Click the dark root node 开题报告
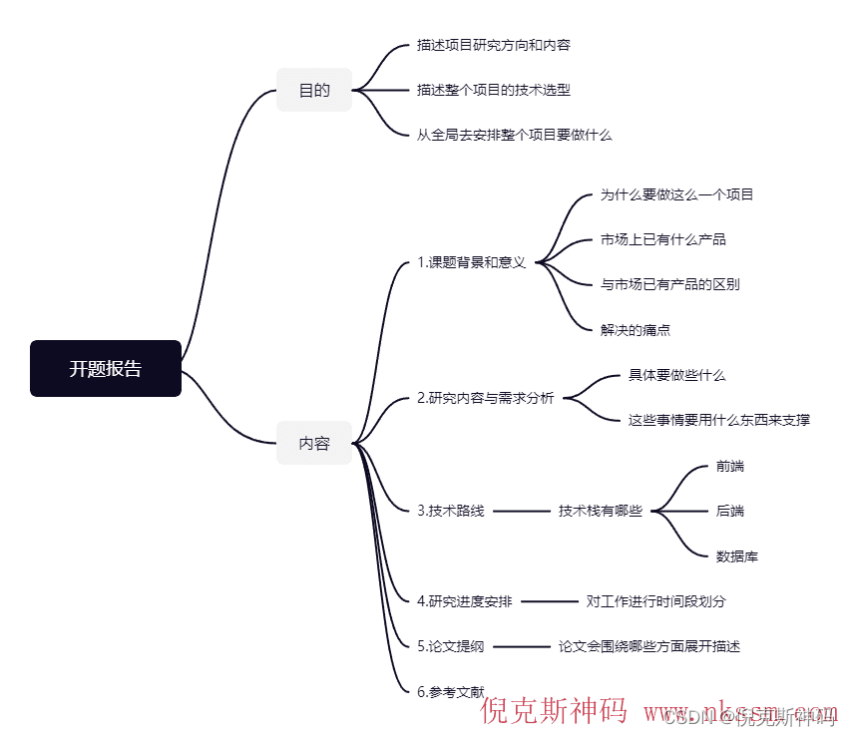[106, 368]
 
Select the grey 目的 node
[314, 90]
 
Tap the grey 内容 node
[314, 443]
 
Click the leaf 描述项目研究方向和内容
[494, 45]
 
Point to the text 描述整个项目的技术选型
[494, 90]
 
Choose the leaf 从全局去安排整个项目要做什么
[514, 135]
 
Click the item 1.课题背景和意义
[471, 263]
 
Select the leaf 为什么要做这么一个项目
[676, 194]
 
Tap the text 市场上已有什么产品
[662, 239]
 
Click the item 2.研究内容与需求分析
[485, 398]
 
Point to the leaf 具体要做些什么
[676, 375]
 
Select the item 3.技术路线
[450, 511]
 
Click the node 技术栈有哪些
[600, 511]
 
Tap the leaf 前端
[729, 466]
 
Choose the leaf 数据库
[736, 555]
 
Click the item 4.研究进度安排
[464, 601]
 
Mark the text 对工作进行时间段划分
[655, 601]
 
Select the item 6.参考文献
[450, 691]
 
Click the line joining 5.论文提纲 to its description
[521, 646]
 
